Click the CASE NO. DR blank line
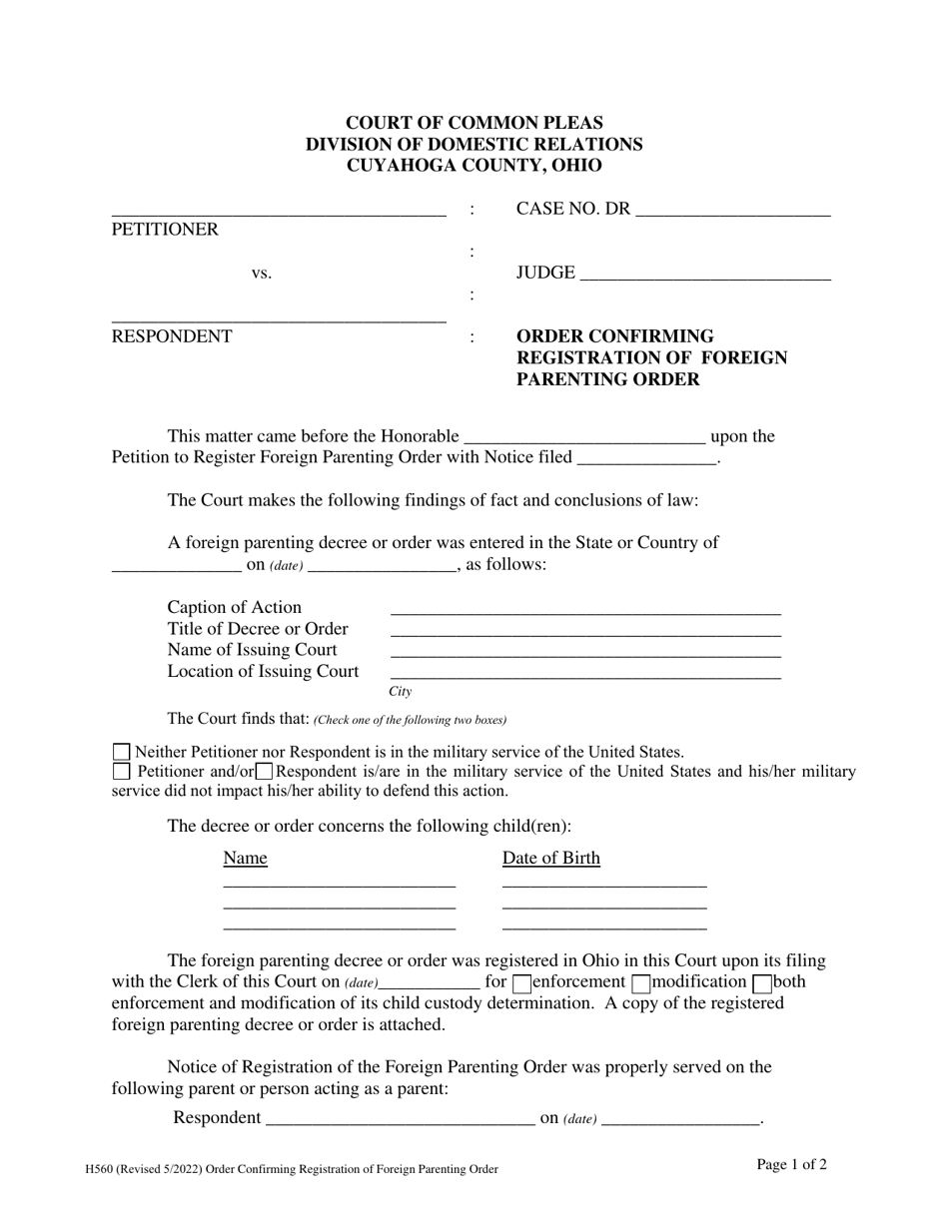pyautogui.click(x=732, y=212)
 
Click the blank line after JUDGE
pyautogui.click(x=704, y=276)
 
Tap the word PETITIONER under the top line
pyautogui.click(x=165, y=230)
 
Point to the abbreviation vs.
pyautogui.click(x=261, y=274)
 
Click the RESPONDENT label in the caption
pyautogui.click(x=172, y=336)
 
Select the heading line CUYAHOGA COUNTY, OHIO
pyautogui.click(x=474, y=167)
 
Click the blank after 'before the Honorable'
pyautogui.click(x=585, y=437)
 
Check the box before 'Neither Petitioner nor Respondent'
pyautogui.click(x=122, y=753)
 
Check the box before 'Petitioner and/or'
pyautogui.click(x=122, y=772)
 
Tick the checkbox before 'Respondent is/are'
pyautogui.click(x=264, y=772)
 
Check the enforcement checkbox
pyautogui.click(x=521, y=983)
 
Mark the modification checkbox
pyautogui.click(x=642, y=983)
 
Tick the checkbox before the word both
pyautogui.click(x=762, y=983)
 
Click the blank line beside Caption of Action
pyautogui.click(x=585, y=611)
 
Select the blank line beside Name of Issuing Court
pyautogui.click(x=585, y=654)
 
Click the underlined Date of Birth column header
pyautogui.click(x=551, y=859)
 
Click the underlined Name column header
pyautogui.click(x=246, y=859)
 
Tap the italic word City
pyautogui.click(x=400, y=692)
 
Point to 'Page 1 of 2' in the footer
pyautogui.click(x=792, y=1164)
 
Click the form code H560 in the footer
pyautogui.click(x=103, y=1169)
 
